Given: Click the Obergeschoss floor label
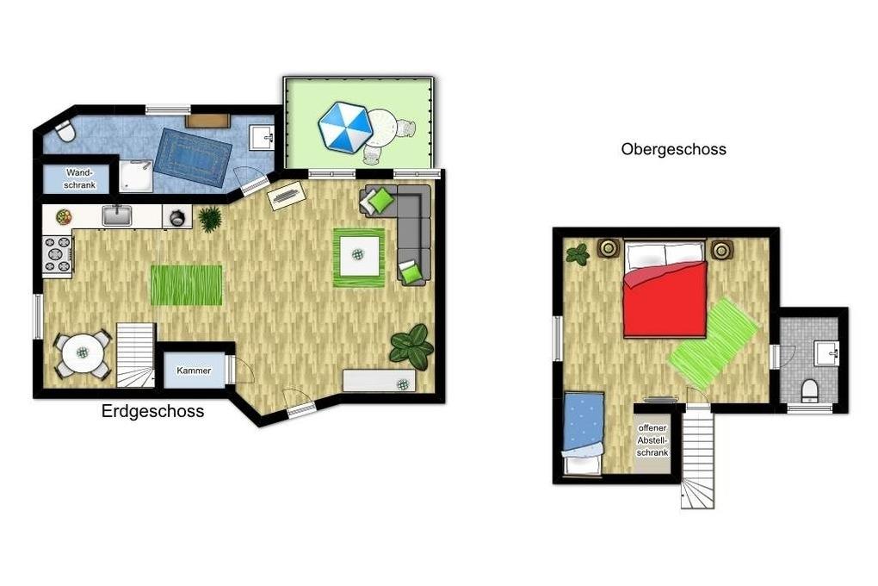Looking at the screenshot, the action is click(x=674, y=149).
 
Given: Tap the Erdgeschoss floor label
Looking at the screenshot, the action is click(x=152, y=411).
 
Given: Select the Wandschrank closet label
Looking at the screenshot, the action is click(x=79, y=178).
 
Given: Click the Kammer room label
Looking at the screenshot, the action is click(x=194, y=371).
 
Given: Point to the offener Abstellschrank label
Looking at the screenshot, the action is click(x=652, y=440).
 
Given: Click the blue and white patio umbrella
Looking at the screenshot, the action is click(x=345, y=128).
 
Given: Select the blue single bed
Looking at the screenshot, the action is click(x=584, y=433).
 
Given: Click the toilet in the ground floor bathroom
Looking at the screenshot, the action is click(x=65, y=131).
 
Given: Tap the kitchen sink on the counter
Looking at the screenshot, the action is click(x=116, y=215).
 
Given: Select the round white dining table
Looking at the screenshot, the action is click(x=83, y=352).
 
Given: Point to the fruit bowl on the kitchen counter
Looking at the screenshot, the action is click(x=64, y=217).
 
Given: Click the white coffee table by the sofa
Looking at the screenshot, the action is click(x=359, y=256).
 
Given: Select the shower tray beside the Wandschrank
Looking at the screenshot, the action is click(x=135, y=176).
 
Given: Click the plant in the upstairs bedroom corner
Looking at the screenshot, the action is click(x=578, y=254).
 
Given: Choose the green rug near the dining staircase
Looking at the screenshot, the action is click(x=187, y=285).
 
